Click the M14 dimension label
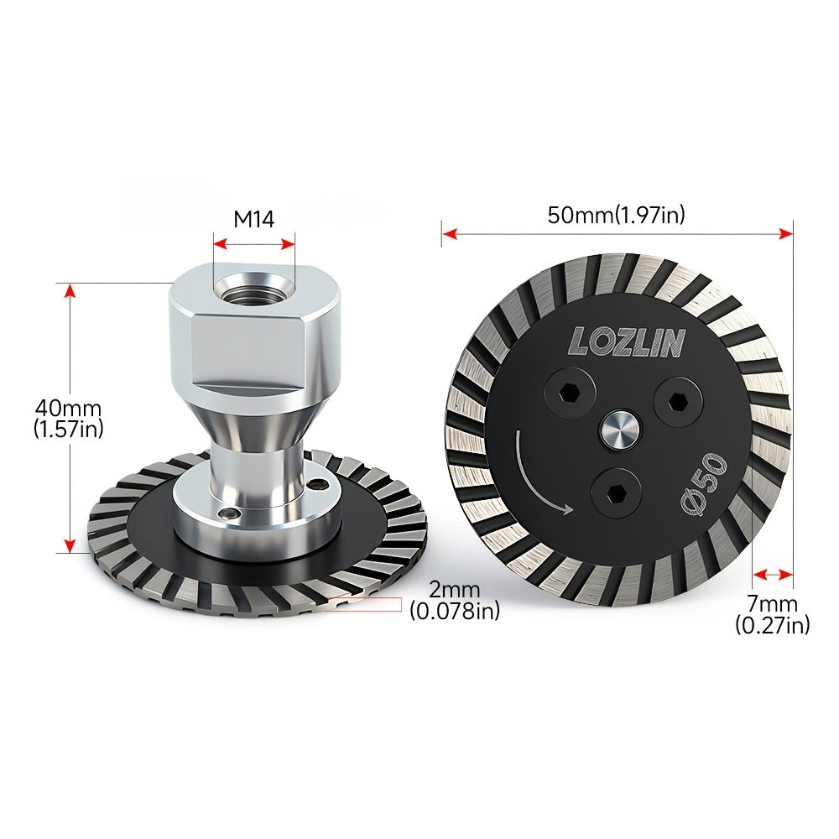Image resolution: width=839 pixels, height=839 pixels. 253,219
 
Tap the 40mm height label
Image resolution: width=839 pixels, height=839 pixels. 68,409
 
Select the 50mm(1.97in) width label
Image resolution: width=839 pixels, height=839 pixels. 616,215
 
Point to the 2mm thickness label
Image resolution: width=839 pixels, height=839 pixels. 454,590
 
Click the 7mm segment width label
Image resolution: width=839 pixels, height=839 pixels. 772,604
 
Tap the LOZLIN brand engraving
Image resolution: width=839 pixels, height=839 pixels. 627,342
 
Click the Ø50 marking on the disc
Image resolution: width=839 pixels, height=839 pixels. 704,485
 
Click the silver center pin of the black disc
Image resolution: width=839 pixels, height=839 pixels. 618,429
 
